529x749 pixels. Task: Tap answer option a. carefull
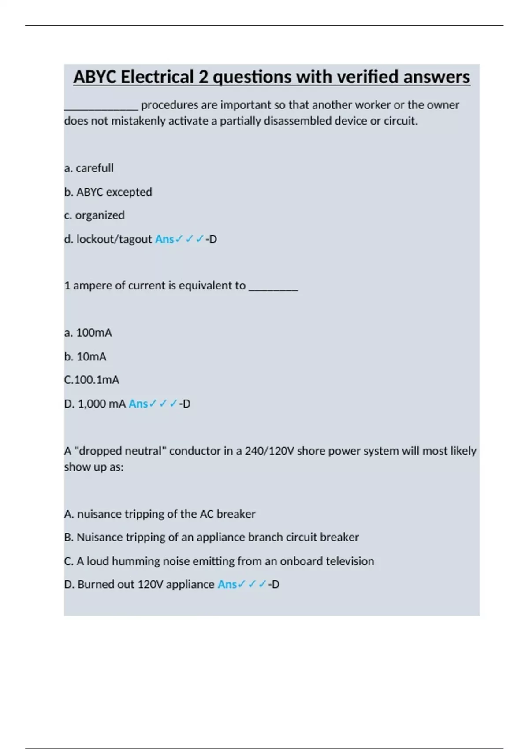point(89,168)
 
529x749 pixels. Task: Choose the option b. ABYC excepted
point(108,192)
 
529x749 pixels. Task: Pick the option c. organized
point(94,215)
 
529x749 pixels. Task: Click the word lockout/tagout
point(114,239)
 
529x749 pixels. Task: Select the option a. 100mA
point(88,333)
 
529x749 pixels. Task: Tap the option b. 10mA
point(86,356)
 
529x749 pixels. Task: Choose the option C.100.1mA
point(92,380)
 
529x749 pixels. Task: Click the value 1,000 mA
point(102,404)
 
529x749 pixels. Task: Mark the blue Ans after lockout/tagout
point(164,239)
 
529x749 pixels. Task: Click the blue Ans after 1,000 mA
point(138,404)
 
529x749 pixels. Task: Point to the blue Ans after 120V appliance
point(227,584)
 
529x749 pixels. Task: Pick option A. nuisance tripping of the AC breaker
point(160,514)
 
